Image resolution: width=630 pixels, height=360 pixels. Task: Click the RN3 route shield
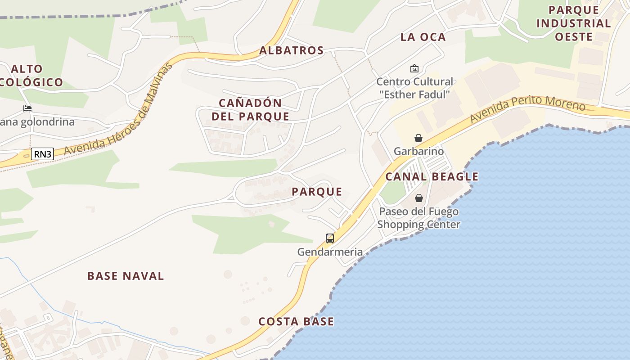(x=43, y=154)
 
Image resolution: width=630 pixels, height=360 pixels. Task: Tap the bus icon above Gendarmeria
(x=330, y=238)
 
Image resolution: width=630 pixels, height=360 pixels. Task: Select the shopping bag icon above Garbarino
(x=418, y=138)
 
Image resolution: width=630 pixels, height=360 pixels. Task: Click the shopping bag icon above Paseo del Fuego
(x=418, y=198)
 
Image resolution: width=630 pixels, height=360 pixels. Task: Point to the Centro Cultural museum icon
(x=414, y=69)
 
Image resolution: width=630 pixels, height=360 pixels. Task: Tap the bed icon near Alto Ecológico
(x=27, y=108)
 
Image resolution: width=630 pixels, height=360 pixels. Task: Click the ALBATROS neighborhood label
(x=292, y=50)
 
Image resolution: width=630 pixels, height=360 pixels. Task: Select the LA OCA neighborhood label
(x=423, y=37)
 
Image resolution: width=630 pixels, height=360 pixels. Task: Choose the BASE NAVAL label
(x=126, y=276)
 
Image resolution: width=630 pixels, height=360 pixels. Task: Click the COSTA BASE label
(x=296, y=321)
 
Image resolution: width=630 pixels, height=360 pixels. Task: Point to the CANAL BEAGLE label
(x=432, y=176)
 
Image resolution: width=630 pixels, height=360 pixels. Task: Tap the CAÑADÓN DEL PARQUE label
(x=251, y=109)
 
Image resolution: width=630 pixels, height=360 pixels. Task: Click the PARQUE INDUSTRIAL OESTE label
(x=573, y=23)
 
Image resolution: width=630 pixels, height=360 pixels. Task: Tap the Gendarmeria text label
(x=330, y=252)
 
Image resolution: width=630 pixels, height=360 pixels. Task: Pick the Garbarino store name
(x=418, y=151)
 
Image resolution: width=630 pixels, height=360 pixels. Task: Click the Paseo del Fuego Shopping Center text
(x=418, y=218)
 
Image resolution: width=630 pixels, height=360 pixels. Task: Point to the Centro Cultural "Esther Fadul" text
(x=414, y=88)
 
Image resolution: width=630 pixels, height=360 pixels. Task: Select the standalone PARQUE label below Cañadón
(x=317, y=192)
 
